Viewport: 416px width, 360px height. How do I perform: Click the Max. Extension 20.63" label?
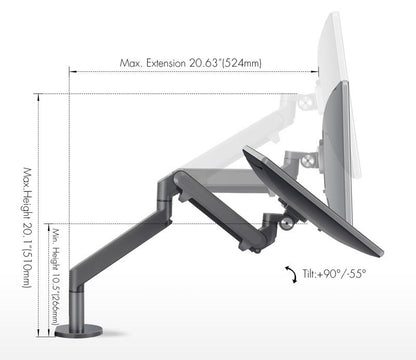[x=190, y=62]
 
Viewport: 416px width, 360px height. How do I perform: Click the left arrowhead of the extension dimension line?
[x=73, y=71]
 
